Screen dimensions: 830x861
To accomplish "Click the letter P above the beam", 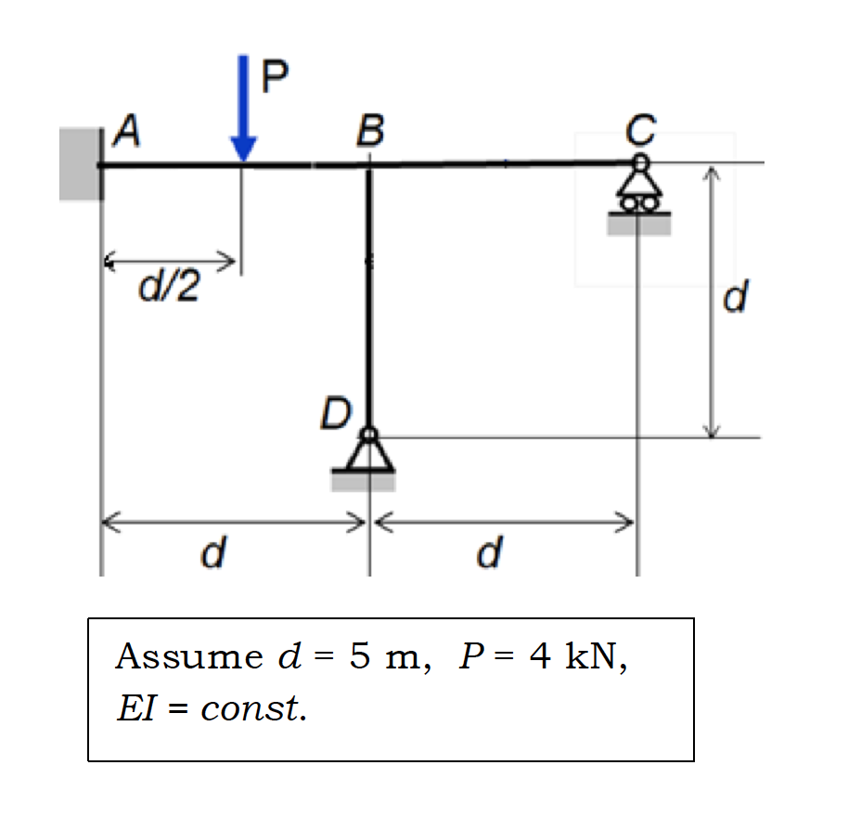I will (275, 76).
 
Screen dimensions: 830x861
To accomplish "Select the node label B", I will (369, 132).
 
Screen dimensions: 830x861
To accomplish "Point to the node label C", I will (639, 129).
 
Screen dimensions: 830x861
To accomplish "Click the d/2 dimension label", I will (169, 289).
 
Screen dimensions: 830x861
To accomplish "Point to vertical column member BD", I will (369, 297).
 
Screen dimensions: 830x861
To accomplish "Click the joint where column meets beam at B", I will (369, 166).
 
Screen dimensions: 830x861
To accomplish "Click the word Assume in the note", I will (189, 657).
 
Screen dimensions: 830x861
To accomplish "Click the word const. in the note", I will (253, 709).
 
